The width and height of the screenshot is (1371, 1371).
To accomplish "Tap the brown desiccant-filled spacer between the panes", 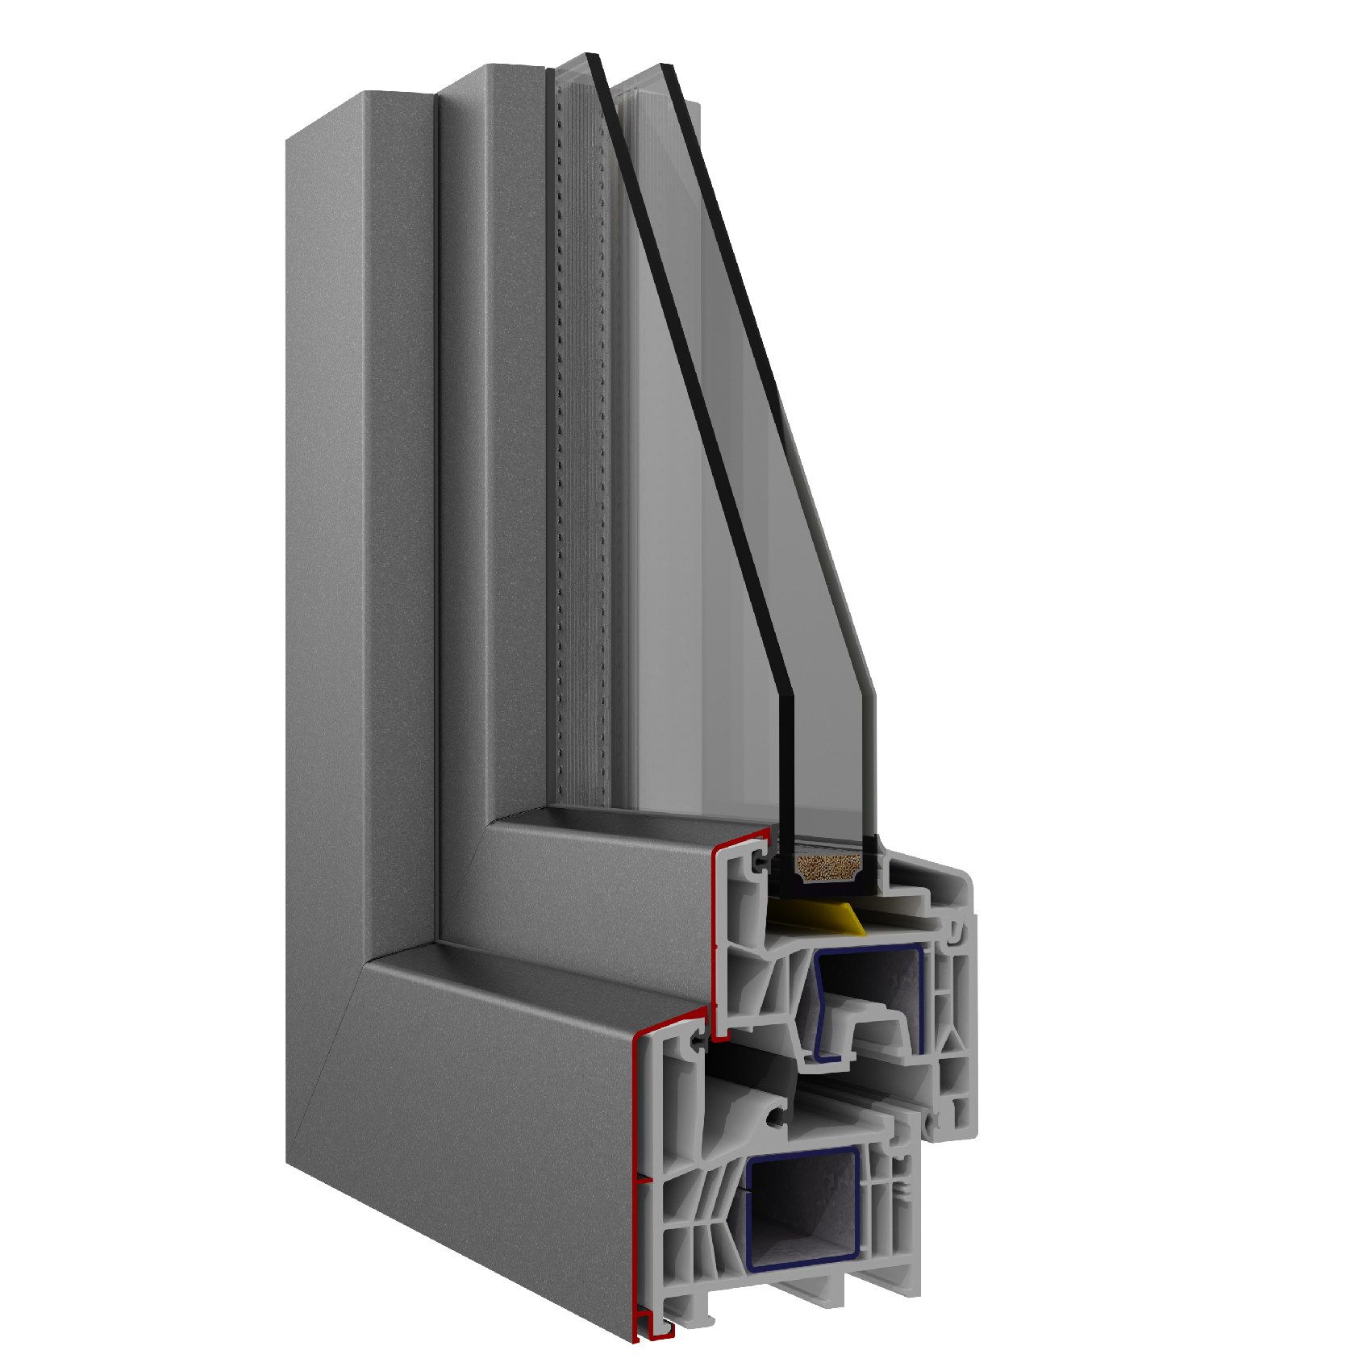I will tap(827, 868).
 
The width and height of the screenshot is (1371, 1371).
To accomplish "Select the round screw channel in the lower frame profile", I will tap(776, 1119).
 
